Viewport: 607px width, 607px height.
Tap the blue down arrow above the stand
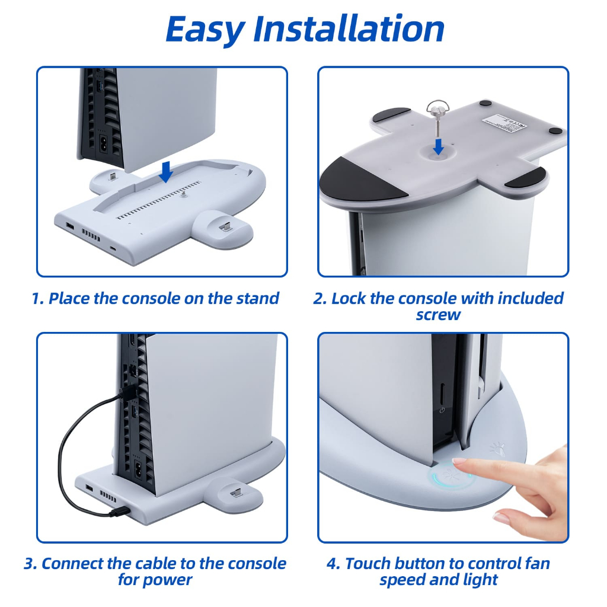point(166,171)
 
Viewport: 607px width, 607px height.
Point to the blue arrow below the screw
point(439,146)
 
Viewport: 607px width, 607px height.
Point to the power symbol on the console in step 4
point(442,410)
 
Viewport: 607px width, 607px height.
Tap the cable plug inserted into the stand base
point(120,512)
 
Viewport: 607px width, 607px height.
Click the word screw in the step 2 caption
point(438,315)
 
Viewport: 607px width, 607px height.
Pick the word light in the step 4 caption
point(479,580)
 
